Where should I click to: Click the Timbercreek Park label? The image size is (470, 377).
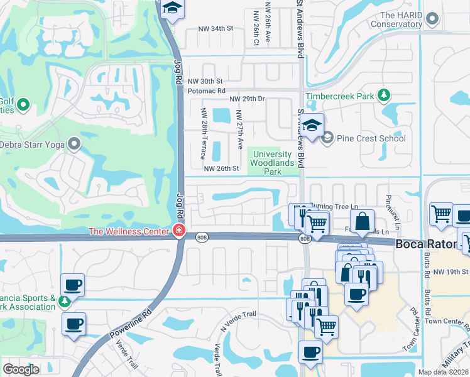click(x=340, y=97)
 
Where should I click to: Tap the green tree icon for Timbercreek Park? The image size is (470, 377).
click(x=383, y=96)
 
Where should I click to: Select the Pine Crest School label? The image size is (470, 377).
click(x=371, y=138)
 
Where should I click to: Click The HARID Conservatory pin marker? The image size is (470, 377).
click(x=431, y=19)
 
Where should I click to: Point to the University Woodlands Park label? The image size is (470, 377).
click(x=272, y=163)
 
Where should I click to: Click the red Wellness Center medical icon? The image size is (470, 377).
click(x=179, y=231)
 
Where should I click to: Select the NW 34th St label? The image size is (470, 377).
click(x=216, y=29)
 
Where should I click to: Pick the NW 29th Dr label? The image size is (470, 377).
click(x=248, y=99)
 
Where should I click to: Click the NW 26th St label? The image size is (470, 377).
click(x=222, y=168)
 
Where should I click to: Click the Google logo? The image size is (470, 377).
click(x=21, y=369)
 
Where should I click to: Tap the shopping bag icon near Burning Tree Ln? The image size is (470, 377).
click(x=363, y=221)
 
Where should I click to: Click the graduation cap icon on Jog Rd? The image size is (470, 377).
click(x=170, y=8)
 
